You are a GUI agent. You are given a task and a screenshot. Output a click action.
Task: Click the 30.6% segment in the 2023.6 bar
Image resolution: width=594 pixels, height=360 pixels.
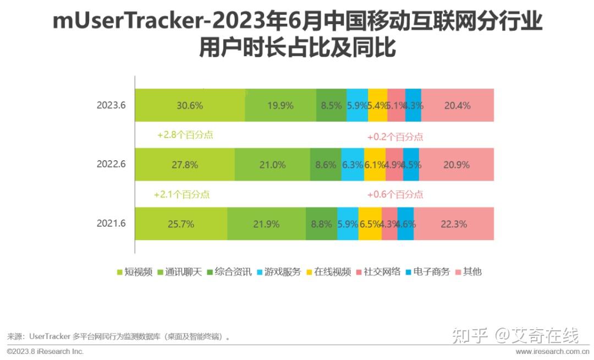pos(190,105)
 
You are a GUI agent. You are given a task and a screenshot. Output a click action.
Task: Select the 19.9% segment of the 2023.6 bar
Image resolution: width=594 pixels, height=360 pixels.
pos(280,105)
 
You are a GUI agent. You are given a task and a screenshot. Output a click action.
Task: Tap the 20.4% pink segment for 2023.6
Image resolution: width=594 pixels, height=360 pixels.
pos(458,105)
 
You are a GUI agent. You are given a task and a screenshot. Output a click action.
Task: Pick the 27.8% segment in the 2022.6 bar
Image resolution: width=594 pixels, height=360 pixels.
pos(185,165)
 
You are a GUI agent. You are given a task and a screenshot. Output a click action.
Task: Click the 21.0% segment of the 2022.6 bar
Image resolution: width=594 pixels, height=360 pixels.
pos(272,165)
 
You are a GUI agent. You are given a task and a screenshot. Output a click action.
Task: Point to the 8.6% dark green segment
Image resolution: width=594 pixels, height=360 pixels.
pos(326,165)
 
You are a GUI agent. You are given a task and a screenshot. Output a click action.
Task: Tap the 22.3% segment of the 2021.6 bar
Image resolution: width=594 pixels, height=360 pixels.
pos(454,224)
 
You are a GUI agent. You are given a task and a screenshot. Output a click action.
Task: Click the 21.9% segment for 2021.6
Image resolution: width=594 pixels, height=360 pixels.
pos(266,224)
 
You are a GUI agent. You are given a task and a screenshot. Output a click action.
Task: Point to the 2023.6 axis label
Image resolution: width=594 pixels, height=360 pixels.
pos(112,105)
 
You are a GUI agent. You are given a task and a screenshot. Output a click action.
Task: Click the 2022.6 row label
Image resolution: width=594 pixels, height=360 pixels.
pos(112,165)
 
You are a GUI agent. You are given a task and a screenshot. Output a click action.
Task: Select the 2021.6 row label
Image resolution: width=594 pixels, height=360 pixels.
pos(112,224)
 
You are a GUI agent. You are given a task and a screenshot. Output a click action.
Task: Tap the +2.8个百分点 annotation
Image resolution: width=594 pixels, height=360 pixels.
pos(185,135)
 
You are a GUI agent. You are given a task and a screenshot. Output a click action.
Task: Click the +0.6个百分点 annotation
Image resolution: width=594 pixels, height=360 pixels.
pos(395,194)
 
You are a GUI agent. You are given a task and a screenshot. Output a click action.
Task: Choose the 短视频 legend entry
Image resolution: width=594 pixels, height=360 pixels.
pos(135,271)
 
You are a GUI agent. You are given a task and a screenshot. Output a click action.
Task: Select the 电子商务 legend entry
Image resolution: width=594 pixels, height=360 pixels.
pos(427,271)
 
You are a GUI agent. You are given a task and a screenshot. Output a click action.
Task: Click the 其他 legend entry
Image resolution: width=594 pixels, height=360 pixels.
pos(469,271)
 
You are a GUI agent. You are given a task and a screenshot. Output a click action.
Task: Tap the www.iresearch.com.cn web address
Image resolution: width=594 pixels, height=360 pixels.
pos(552,351)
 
